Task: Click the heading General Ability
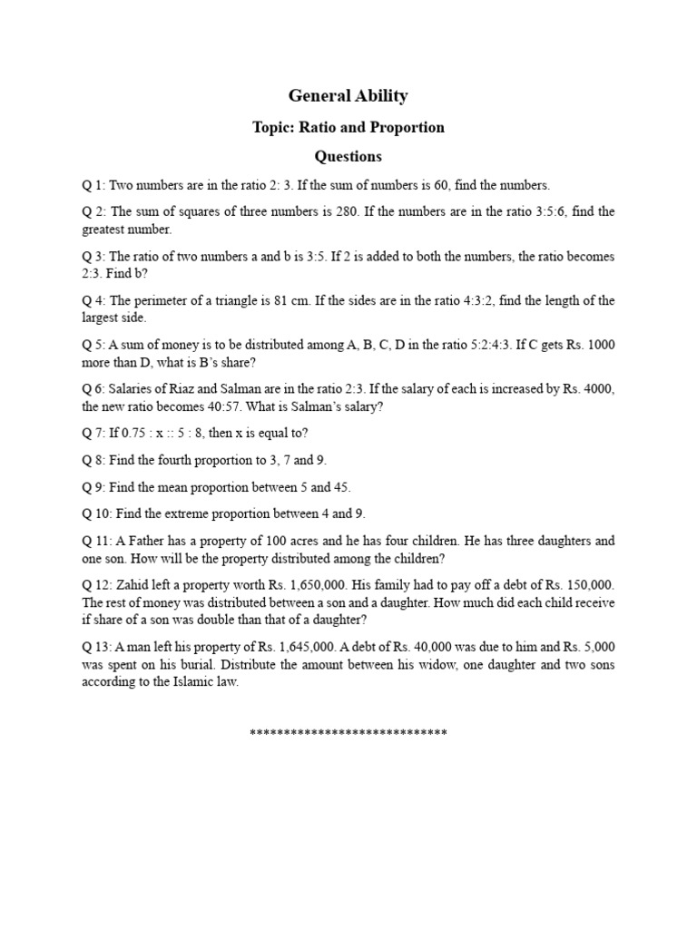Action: (x=348, y=96)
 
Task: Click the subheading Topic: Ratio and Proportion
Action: (x=348, y=127)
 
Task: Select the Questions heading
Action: (x=348, y=156)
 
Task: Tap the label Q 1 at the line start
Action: (x=93, y=185)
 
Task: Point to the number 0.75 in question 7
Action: (x=139, y=434)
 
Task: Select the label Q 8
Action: (x=93, y=460)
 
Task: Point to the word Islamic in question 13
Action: (x=189, y=682)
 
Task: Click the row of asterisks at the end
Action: (x=348, y=732)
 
